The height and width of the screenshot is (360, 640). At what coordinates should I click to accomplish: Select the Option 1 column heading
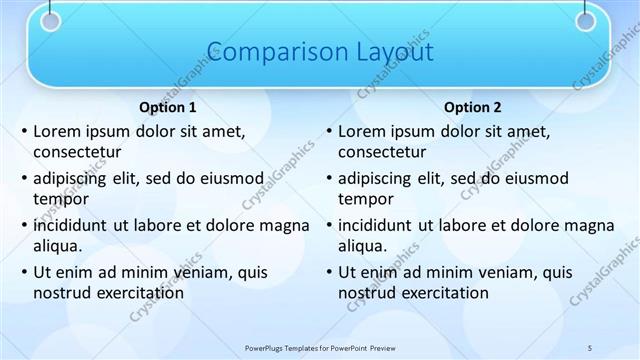(167, 107)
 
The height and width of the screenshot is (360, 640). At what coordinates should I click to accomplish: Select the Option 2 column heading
(472, 107)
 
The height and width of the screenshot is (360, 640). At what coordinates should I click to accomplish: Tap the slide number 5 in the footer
(590, 347)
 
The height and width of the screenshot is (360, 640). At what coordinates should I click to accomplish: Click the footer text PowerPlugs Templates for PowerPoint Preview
(320, 347)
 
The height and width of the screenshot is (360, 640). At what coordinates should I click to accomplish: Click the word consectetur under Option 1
(77, 152)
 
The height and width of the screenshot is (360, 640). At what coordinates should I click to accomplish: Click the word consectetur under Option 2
(382, 152)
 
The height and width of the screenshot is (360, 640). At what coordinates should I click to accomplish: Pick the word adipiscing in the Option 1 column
(72, 178)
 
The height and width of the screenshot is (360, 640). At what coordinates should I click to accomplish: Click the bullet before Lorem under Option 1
(24, 132)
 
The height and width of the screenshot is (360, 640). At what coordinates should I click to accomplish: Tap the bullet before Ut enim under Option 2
(329, 272)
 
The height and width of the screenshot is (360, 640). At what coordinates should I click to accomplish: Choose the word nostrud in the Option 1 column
(63, 292)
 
